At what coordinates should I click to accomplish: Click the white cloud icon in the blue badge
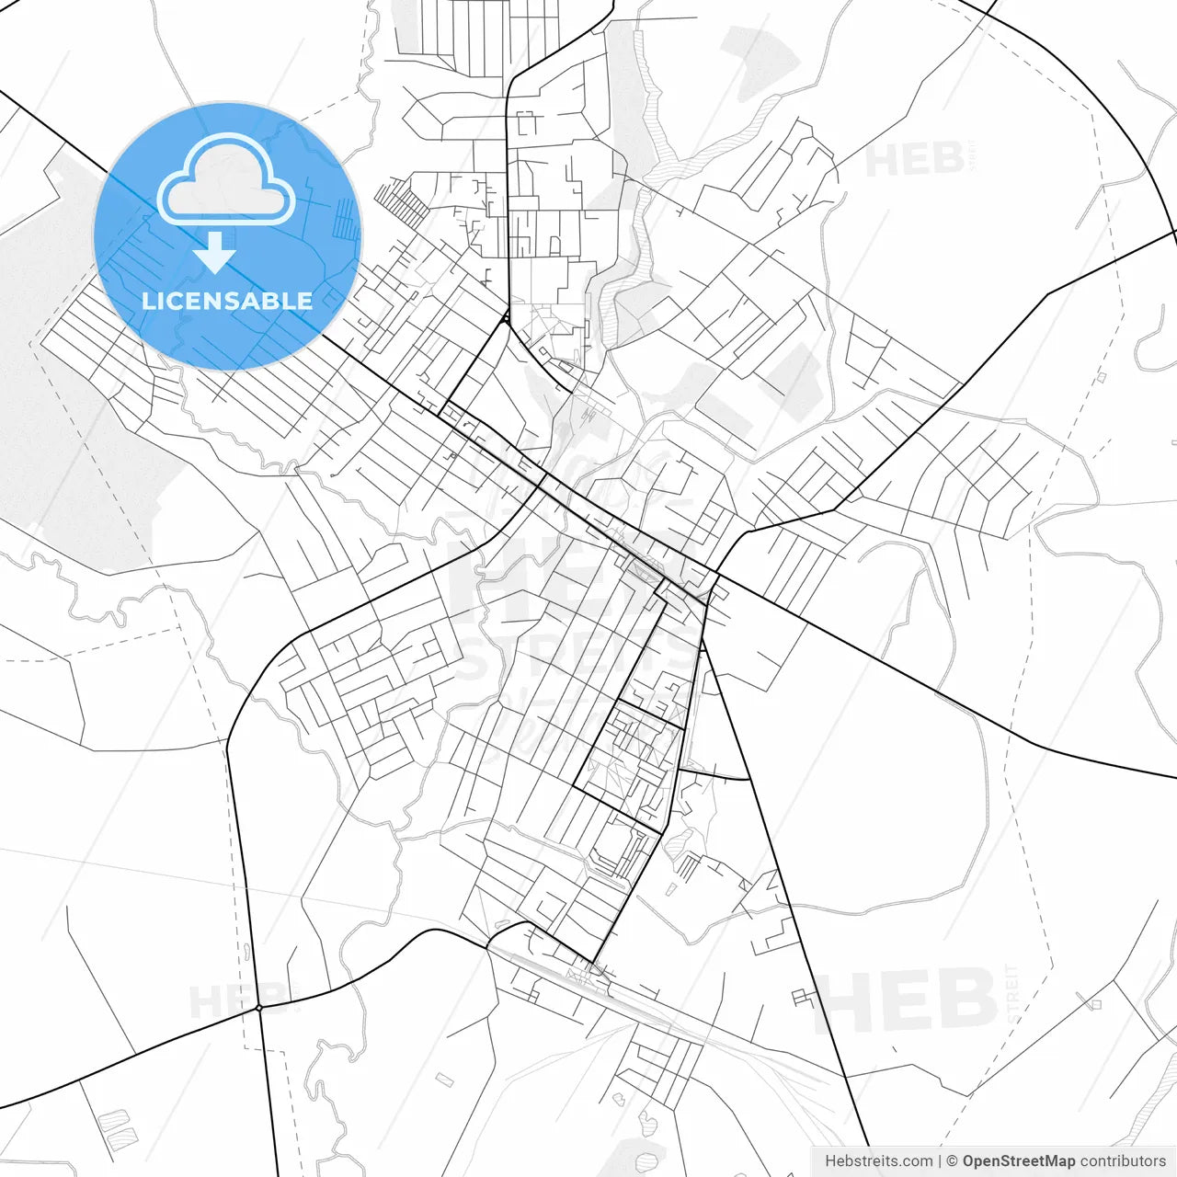(x=226, y=179)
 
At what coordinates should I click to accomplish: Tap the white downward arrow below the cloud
(x=215, y=253)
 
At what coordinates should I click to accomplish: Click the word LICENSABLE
(x=227, y=301)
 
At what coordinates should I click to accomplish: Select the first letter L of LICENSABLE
(x=147, y=301)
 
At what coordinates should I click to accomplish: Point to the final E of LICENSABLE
(x=305, y=301)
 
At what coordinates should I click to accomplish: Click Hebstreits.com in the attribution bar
(x=878, y=1161)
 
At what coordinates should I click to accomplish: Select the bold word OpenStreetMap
(x=1018, y=1161)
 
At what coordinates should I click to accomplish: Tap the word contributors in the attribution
(x=1123, y=1161)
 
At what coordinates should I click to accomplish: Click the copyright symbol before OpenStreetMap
(x=953, y=1161)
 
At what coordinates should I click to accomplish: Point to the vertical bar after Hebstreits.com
(x=940, y=1161)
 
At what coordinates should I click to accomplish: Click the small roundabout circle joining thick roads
(x=259, y=1008)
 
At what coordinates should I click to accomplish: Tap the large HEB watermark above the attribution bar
(x=906, y=1000)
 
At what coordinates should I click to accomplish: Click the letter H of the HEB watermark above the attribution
(x=841, y=1000)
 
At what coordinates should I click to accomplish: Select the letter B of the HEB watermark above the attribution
(x=966, y=1000)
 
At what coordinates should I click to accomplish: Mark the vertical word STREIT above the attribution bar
(x=1014, y=993)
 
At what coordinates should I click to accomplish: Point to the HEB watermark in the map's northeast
(x=915, y=160)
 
